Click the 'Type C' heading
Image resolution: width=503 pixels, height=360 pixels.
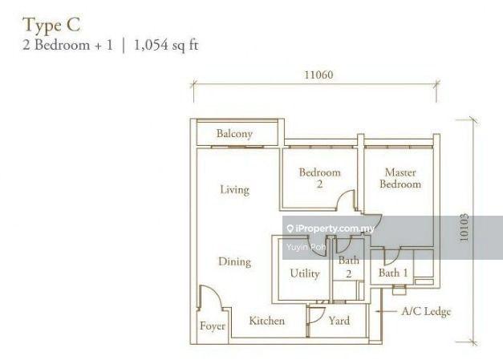click(51, 26)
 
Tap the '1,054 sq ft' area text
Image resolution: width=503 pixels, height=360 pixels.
click(166, 45)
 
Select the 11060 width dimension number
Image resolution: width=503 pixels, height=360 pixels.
click(318, 75)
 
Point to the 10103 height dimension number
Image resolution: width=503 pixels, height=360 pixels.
click(464, 228)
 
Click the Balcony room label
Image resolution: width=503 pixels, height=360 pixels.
click(234, 134)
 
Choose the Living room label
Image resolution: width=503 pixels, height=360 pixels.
click(234, 190)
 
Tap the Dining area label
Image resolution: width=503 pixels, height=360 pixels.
click(234, 262)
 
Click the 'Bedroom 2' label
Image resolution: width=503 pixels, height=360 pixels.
click(319, 178)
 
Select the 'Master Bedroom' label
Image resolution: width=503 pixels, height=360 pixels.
click(400, 178)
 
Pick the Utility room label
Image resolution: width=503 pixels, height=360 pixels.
click(305, 273)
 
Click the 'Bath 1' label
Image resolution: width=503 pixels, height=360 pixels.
click(393, 273)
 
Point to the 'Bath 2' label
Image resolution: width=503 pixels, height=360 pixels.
click(348, 267)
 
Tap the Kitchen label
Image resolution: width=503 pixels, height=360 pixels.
click(267, 321)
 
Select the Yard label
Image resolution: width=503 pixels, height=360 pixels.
click(339, 321)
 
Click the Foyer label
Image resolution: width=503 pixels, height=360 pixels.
click(213, 326)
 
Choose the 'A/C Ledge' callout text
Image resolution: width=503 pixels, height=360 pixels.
click(426, 312)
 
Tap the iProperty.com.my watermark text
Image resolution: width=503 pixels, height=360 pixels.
click(335, 229)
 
